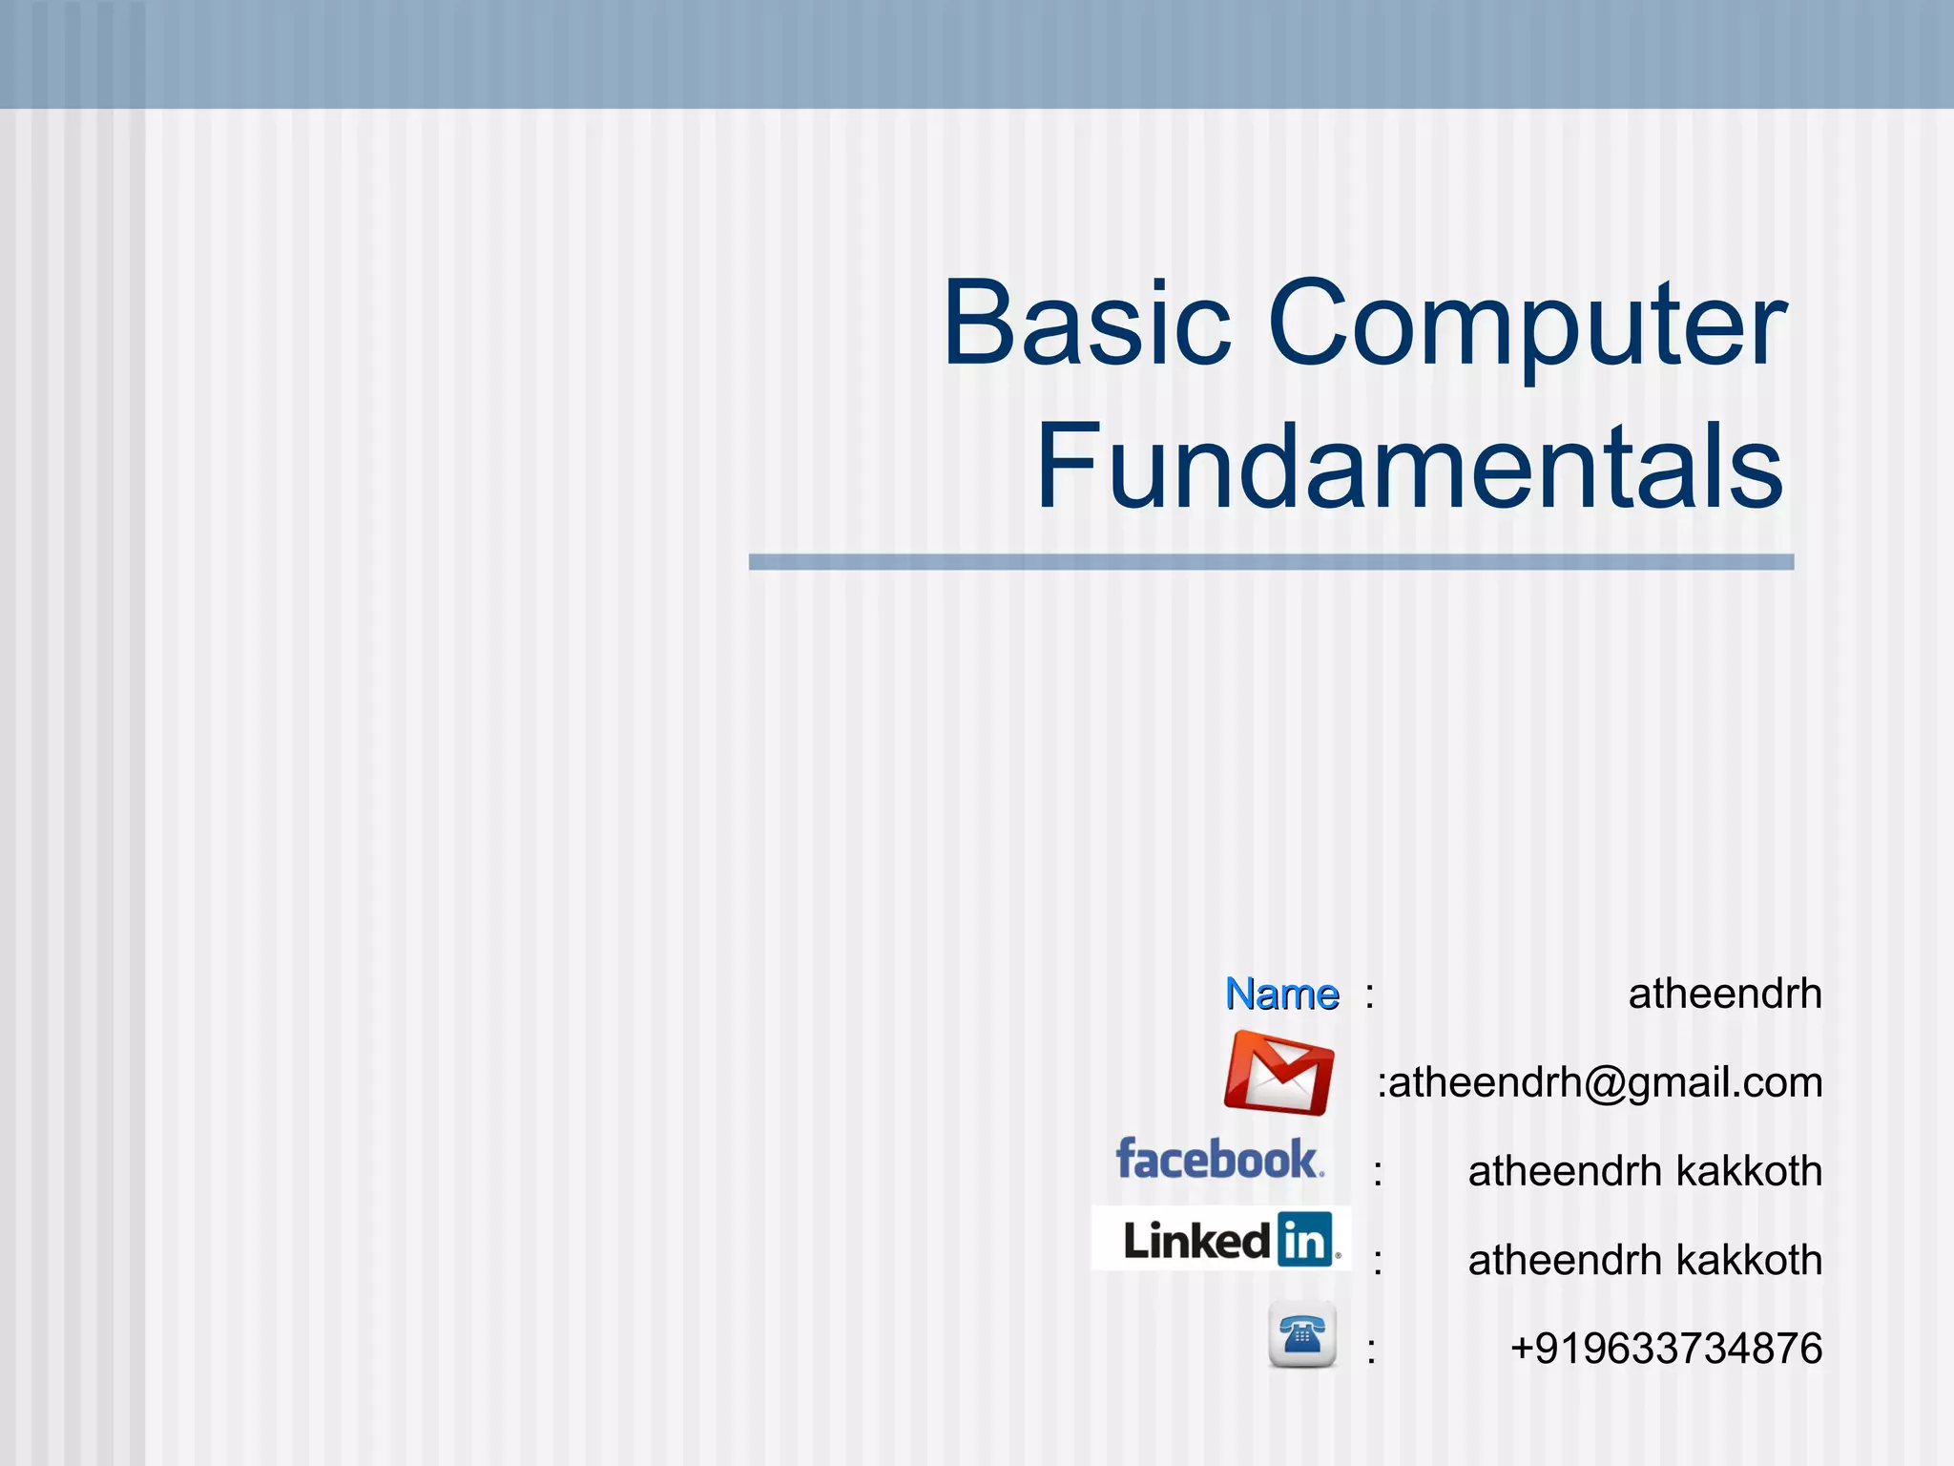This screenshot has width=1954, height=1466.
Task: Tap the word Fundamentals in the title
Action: (x=1409, y=468)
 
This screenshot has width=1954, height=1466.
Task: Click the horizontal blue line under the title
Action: (x=1271, y=562)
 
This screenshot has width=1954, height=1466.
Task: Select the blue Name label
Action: (x=1281, y=995)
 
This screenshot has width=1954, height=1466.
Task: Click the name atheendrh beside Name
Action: (x=1724, y=995)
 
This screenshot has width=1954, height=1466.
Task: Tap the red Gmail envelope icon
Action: (x=1278, y=1074)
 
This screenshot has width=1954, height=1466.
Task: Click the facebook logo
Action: (x=1219, y=1160)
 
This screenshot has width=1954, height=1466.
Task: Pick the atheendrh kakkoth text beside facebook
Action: (x=1644, y=1172)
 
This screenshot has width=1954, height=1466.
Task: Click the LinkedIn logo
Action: (x=1221, y=1239)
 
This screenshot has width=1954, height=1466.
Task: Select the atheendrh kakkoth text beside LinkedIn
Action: (x=1644, y=1261)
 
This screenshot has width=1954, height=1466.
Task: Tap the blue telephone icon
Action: (x=1301, y=1334)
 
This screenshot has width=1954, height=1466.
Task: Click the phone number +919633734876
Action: (x=1666, y=1350)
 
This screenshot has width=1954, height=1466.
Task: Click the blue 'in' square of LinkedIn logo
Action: (x=1304, y=1240)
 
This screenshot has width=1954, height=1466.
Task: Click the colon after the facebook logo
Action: (x=1378, y=1174)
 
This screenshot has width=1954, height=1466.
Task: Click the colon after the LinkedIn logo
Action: (x=1378, y=1263)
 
